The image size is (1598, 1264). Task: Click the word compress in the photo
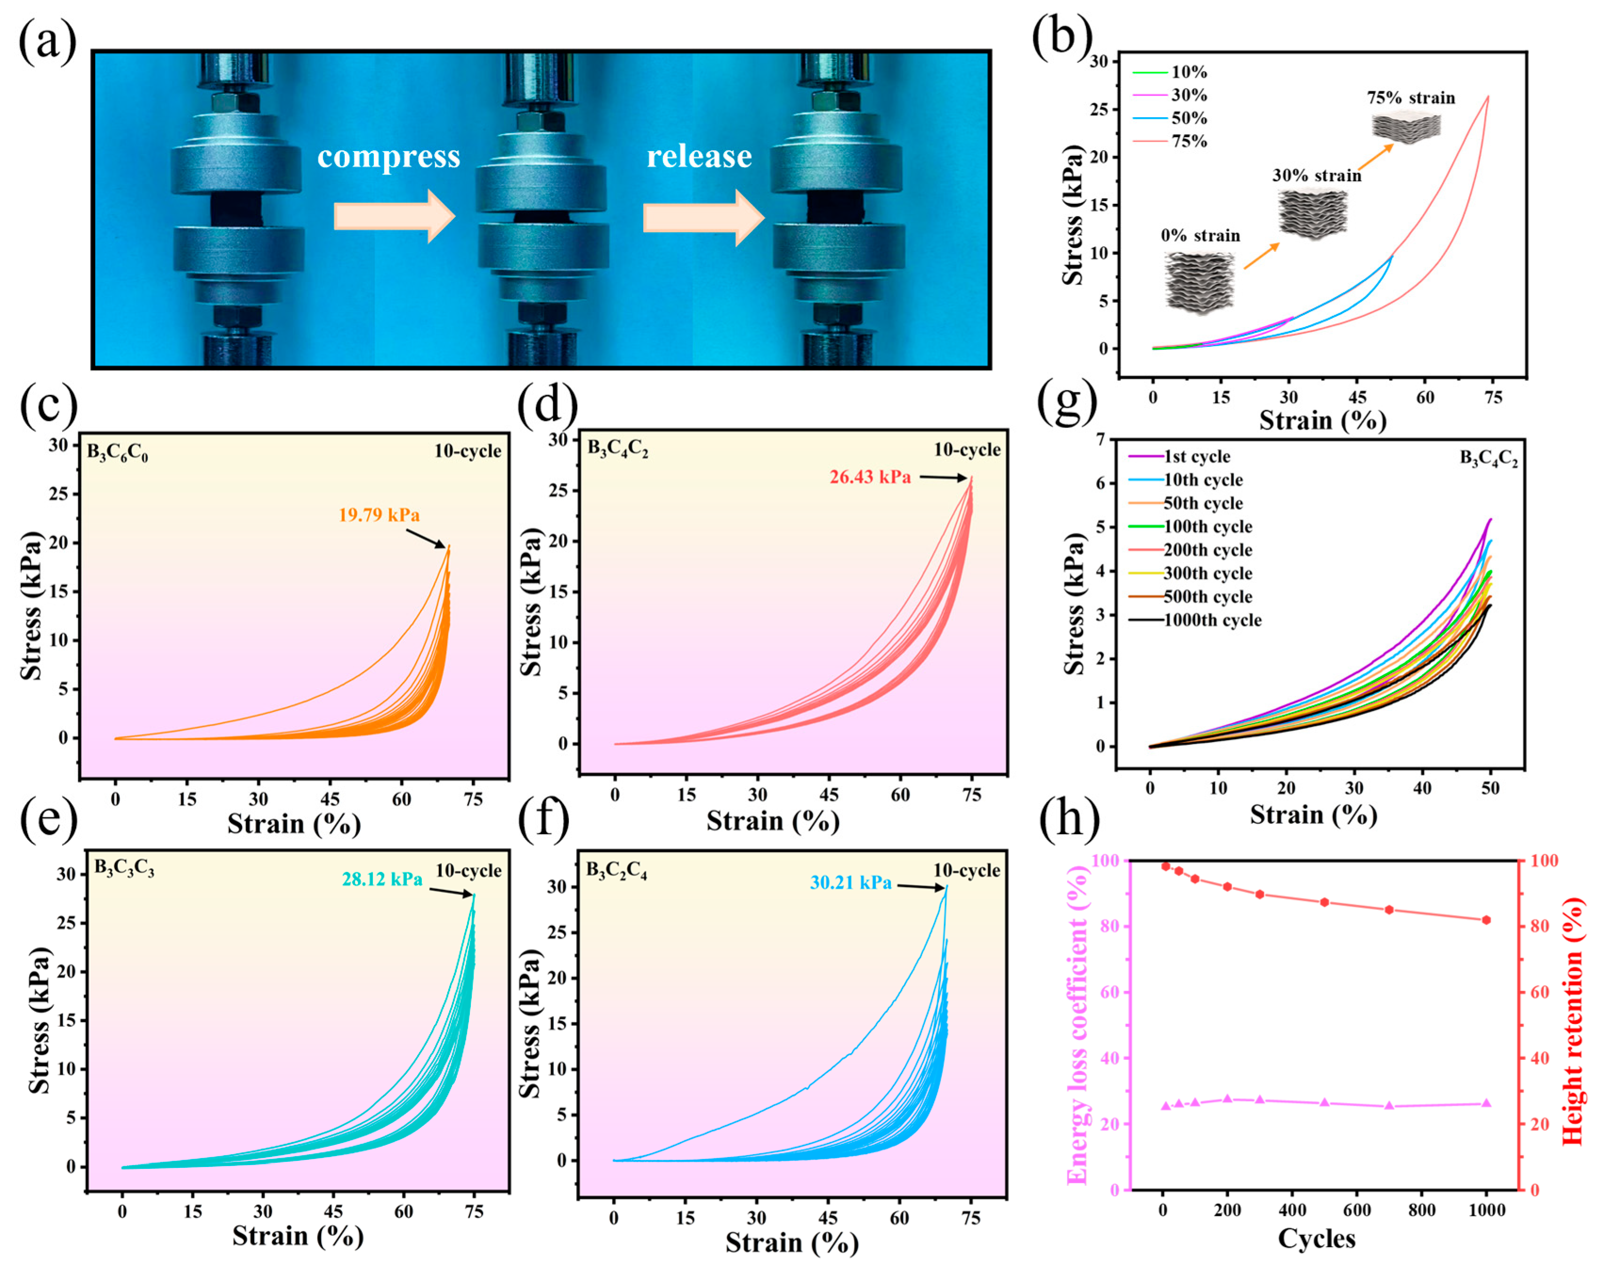388,157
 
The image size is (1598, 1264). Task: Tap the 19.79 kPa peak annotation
379,515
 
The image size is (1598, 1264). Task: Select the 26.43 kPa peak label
870,477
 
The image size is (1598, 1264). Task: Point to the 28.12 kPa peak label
382,879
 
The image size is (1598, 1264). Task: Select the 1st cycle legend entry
1197,457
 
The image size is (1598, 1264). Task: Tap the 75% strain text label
1411,98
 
